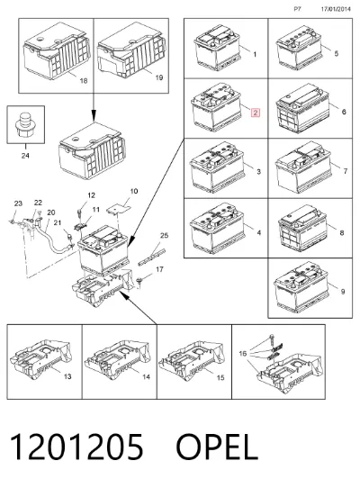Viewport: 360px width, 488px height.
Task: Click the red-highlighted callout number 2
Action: pos(255,113)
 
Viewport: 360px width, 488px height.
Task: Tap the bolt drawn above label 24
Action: pos(25,125)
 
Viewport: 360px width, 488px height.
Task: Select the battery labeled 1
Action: pos(218,48)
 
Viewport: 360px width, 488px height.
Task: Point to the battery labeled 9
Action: pos(301,287)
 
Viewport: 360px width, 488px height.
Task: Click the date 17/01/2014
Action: pos(336,9)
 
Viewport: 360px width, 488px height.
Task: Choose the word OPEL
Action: pos(217,447)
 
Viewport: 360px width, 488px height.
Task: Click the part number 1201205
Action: pos(76,447)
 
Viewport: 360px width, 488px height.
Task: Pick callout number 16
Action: pos(243,353)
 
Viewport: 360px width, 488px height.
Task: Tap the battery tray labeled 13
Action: pos(40,359)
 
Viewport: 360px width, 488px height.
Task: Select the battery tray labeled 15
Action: pos(192,359)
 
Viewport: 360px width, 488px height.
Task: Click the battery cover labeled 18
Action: pos(57,50)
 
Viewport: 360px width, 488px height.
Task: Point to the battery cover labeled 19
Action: pos(131,50)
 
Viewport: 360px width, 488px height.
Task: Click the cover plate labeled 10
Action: pos(119,208)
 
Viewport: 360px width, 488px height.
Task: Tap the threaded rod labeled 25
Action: pos(151,258)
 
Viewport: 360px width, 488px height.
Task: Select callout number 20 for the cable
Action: pos(51,212)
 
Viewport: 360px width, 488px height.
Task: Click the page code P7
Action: pos(297,9)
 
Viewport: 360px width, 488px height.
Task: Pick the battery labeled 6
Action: pos(302,108)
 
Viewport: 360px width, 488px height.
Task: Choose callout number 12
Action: pos(91,195)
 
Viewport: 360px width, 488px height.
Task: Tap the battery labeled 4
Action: pos(217,228)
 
